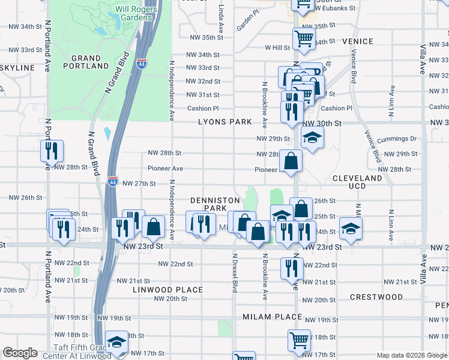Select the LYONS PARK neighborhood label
226,122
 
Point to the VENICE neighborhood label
358,41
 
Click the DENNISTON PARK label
215,204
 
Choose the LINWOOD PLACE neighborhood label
168,290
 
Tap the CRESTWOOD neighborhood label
376,297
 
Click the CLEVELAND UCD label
357,183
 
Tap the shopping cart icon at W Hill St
304,39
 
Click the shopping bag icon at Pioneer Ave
291,161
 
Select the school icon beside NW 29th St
312,138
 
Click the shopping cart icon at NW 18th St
299,340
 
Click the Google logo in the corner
20,353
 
